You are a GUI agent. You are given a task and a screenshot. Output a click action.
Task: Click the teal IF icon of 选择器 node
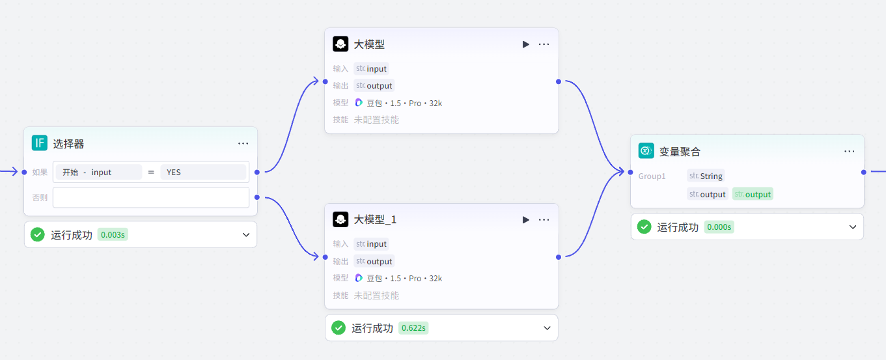40,143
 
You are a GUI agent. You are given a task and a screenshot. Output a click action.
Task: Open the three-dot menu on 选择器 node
243,143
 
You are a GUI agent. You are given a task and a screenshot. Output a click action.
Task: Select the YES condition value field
202,173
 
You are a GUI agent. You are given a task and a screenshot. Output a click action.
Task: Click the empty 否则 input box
150,197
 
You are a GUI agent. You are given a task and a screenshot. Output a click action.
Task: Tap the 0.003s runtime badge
113,235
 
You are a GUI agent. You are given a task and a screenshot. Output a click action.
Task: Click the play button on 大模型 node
526,44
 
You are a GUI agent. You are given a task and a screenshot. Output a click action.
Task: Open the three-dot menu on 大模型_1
544,220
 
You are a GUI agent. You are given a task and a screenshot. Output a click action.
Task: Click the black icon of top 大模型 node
340,44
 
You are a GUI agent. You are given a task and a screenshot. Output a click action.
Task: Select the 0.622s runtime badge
413,328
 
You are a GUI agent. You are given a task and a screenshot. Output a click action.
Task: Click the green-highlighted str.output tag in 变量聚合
753,194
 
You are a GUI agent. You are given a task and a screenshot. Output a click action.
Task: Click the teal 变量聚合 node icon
646,151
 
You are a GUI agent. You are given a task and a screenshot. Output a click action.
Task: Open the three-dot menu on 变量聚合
850,151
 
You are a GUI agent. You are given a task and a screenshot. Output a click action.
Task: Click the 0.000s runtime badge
719,227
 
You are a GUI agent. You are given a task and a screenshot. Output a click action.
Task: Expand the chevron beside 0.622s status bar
547,328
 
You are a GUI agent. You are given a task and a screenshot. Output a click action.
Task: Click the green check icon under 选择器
38,235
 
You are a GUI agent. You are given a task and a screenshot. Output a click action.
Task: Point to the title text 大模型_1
375,220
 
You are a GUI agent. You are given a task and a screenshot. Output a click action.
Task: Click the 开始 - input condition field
98,173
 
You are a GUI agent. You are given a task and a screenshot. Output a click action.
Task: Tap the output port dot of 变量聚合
864,172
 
